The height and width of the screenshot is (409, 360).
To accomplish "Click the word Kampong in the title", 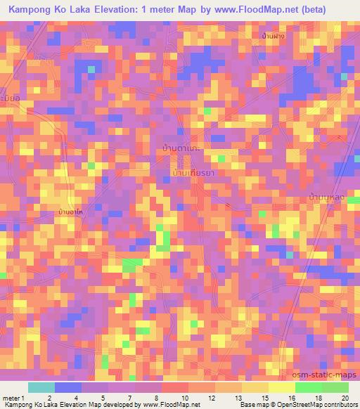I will (x=32, y=9).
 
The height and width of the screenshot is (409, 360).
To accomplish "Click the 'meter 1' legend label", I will (x=12, y=398).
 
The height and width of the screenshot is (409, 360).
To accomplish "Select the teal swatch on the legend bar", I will (x=41, y=387).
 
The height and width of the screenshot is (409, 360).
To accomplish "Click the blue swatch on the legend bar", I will (x=68, y=387).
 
